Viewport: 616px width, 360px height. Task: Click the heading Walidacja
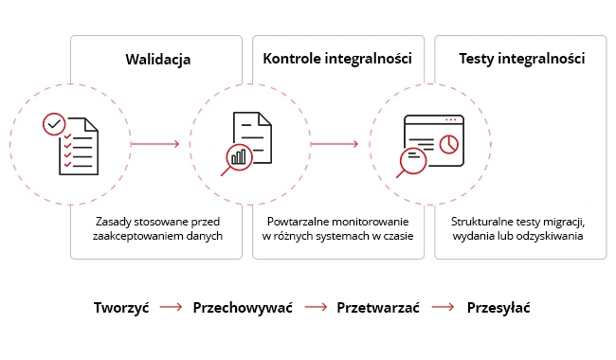click(158, 59)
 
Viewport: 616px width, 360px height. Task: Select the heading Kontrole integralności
click(336, 59)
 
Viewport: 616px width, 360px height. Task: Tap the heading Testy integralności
click(520, 59)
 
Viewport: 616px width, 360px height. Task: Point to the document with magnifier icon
click(249, 143)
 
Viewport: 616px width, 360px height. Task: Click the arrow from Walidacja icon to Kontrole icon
click(155, 144)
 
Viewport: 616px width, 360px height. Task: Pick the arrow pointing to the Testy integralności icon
click(335, 144)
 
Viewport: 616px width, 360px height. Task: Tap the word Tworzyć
click(121, 308)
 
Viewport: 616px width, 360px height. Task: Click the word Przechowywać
click(243, 308)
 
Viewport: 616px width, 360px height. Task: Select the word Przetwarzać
click(377, 308)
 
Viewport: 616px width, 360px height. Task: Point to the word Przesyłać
click(498, 308)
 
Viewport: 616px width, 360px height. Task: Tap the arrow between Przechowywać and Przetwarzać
click(316, 308)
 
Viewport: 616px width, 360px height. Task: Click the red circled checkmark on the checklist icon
click(55, 123)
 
